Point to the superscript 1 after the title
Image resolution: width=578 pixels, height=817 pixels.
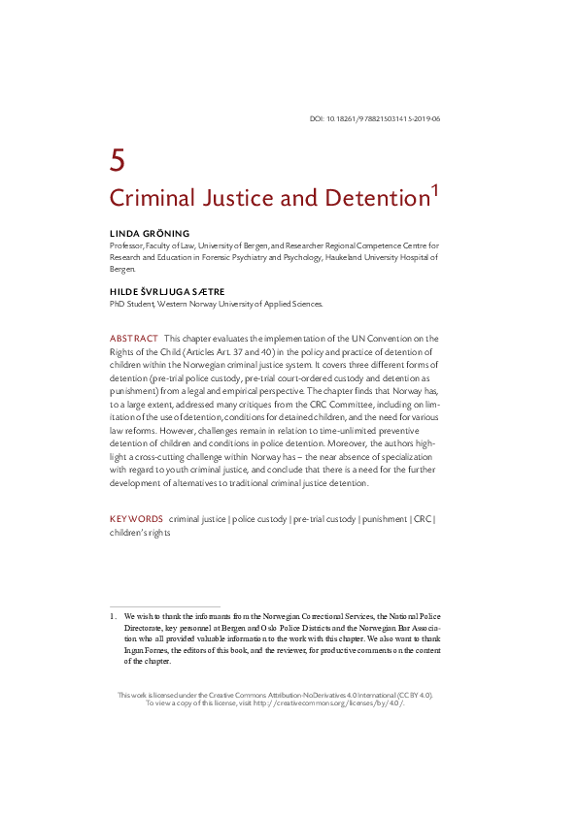coord(435,191)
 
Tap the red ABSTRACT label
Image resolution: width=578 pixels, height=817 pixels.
coord(133,337)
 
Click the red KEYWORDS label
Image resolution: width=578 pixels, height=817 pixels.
coord(136,519)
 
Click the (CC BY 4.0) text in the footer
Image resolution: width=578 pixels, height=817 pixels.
coord(410,694)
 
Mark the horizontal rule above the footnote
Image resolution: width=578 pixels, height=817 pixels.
coord(164,605)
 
